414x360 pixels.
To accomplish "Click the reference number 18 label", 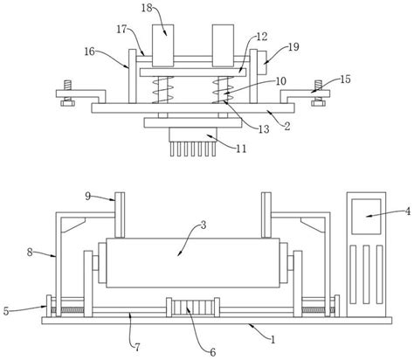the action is (147, 8).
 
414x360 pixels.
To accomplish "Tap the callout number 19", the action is (293, 47).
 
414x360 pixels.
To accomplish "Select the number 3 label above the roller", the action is (204, 225).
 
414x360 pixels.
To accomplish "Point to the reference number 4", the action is (408, 211).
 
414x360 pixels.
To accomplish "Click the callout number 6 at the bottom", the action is (213, 352).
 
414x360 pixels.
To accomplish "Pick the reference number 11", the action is (241, 149).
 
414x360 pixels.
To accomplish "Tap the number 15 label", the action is (346, 80).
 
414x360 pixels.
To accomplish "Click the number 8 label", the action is (30, 252).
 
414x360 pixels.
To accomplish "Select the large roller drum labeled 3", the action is (193, 263).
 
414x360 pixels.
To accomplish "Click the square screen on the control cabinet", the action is (366, 217).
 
